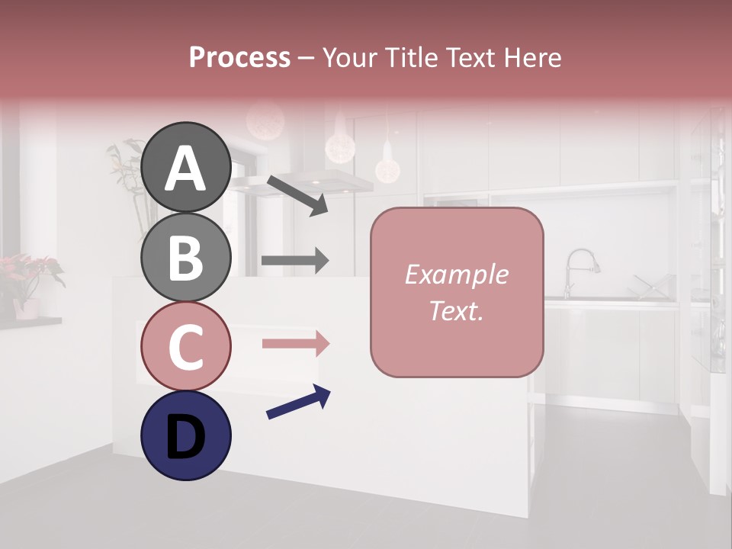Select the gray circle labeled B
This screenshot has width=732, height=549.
185,257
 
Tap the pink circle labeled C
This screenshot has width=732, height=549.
185,345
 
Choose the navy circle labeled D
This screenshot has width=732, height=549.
185,435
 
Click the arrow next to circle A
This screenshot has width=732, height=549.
297,194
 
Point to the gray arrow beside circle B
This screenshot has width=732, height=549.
295,261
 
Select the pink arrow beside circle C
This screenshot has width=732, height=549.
296,343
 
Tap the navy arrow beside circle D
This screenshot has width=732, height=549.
298,402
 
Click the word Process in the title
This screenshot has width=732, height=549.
239,57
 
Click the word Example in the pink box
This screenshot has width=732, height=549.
456,274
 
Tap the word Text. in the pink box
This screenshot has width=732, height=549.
456,310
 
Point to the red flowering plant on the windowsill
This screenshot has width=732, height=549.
30,274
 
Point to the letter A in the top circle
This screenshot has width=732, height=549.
185,169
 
